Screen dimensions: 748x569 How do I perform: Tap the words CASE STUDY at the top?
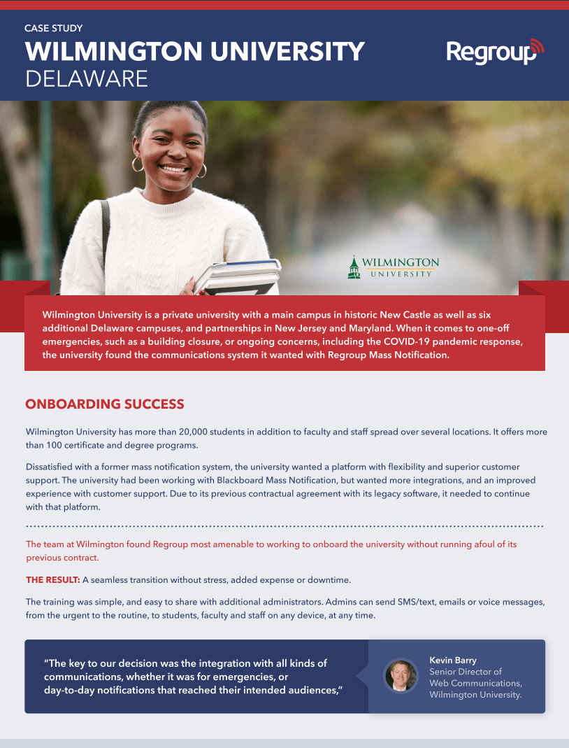pyautogui.click(x=54, y=29)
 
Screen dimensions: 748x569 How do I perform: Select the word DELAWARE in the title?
pyautogui.click(x=87, y=78)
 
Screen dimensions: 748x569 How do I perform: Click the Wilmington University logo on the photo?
pyautogui.click(x=394, y=267)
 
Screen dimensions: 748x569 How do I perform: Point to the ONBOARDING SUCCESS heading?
pyautogui.click(x=105, y=404)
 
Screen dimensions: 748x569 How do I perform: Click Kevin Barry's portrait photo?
pyautogui.click(x=401, y=676)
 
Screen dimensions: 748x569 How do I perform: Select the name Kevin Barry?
pyautogui.click(x=453, y=661)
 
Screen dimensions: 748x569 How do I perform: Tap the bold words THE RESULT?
pyautogui.click(x=53, y=580)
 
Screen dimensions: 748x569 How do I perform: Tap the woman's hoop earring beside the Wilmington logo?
pyautogui.click(x=202, y=170)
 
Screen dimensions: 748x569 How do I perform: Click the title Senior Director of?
pyautogui.click(x=465, y=672)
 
